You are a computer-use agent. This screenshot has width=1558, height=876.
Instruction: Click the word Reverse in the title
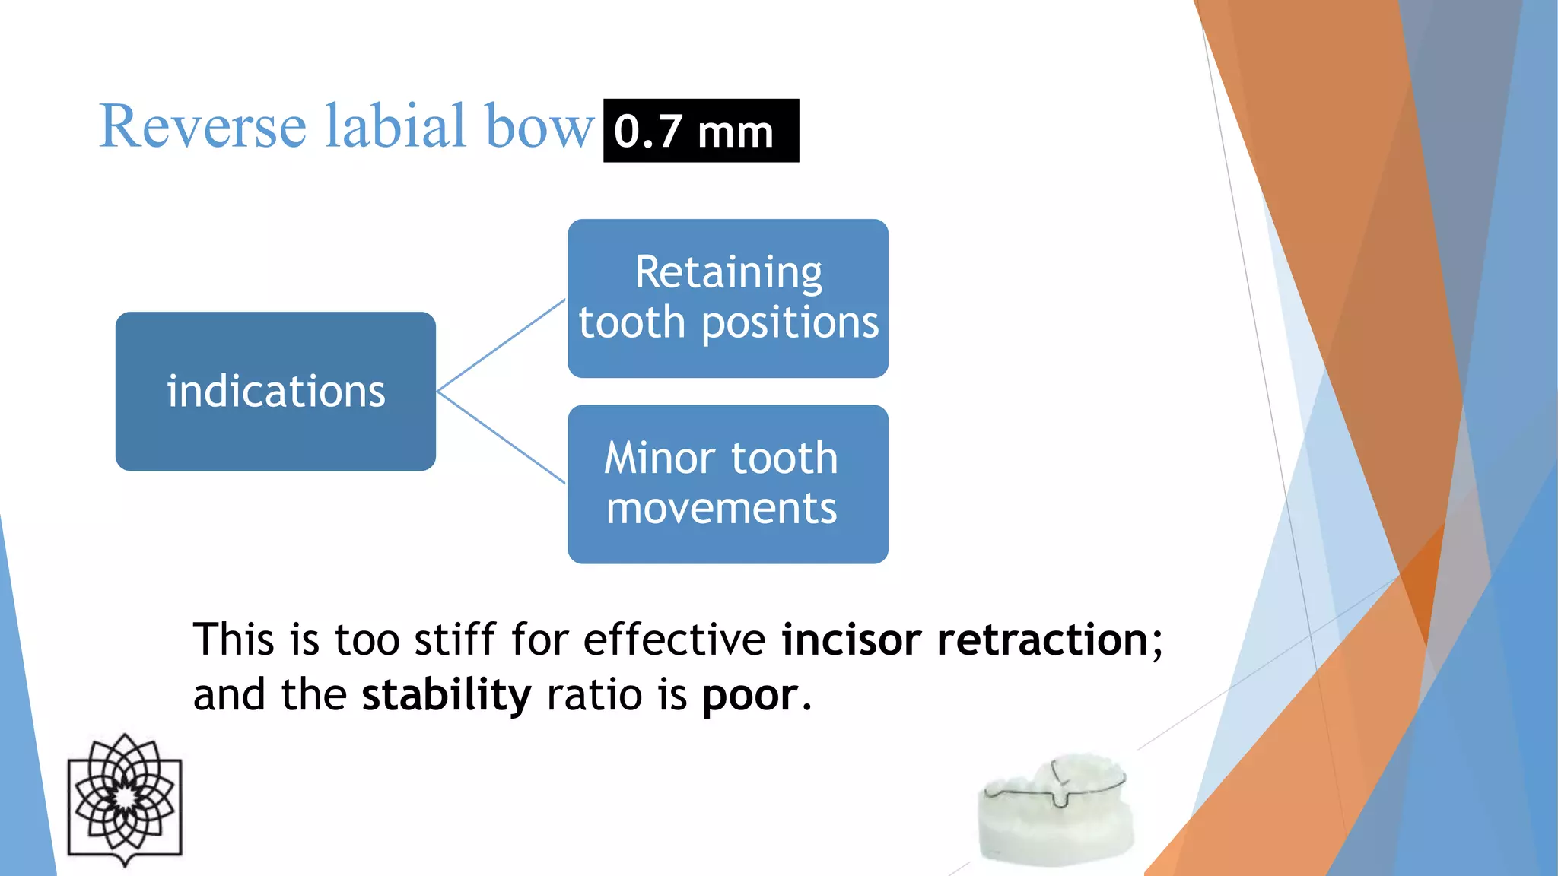pos(202,126)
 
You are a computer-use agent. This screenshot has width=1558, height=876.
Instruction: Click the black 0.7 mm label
pos(701,131)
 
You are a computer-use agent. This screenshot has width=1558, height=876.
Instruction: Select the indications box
pos(275,391)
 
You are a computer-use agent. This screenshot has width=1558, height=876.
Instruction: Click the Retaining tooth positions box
pos(728,298)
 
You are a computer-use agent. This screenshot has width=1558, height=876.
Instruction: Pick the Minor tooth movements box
pos(728,484)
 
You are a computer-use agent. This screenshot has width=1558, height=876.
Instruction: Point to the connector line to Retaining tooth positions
pos(502,344)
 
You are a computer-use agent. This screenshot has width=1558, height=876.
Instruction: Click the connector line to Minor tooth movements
pos(502,438)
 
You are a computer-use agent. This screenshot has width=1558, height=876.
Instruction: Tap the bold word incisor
pos(851,640)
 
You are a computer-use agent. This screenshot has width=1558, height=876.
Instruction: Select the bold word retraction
pos(1042,640)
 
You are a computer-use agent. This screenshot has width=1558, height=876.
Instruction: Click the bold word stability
pos(446,695)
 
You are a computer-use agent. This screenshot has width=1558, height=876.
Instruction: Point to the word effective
pos(674,640)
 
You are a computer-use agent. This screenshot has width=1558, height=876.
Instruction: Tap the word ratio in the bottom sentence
pos(594,695)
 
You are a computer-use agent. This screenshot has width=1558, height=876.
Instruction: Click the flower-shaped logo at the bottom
pos(125,799)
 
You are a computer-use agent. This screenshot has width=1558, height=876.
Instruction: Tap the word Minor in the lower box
pos(660,459)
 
